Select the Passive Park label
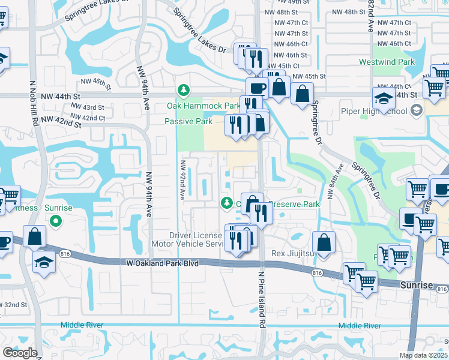(x=188, y=121)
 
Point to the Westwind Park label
(x=387, y=62)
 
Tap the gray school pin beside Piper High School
(x=417, y=110)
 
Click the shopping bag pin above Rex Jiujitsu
(x=324, y=244)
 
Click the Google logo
(x=20, y=353)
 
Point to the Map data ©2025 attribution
(x=423, y=355)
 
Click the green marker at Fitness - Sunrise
(x=56, y=221)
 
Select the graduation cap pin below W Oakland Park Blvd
(x=44, y=262)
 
